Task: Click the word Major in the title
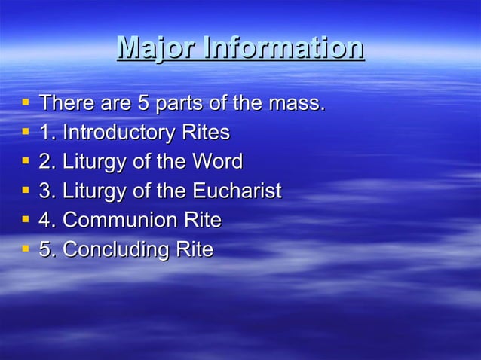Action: (149, 48)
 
